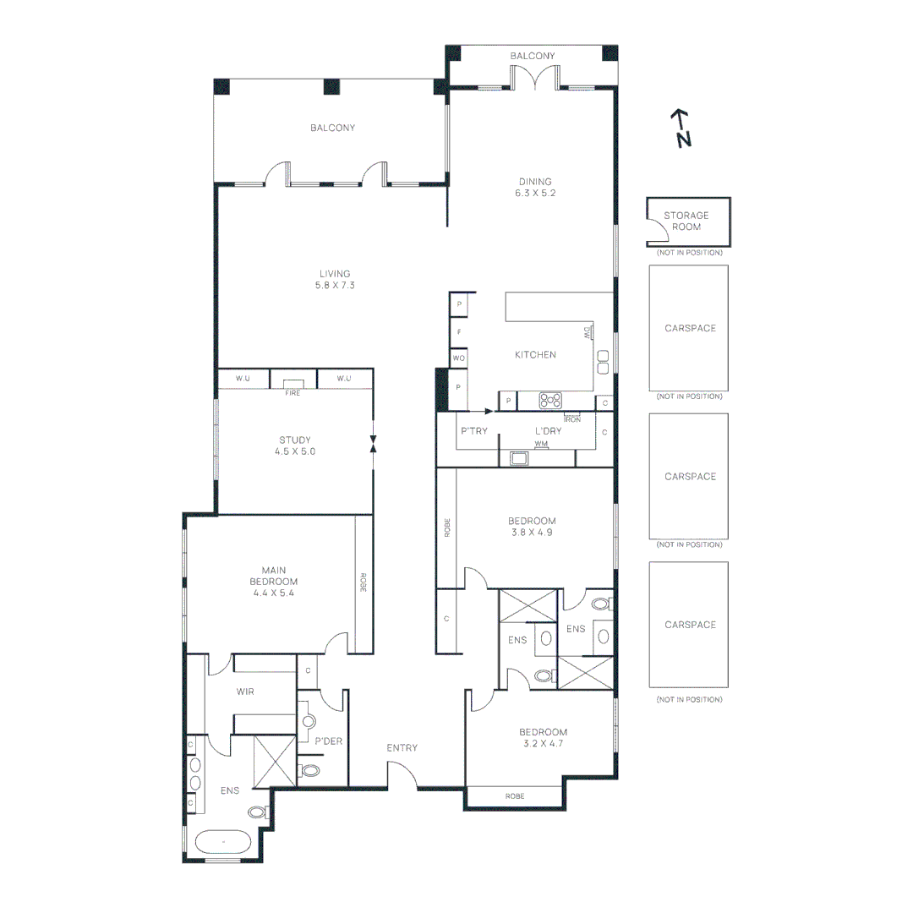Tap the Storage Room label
686,221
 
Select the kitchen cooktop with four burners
551,401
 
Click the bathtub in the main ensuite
223,843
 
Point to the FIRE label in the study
292,392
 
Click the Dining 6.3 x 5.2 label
535,187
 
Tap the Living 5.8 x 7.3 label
335,279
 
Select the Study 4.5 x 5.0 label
295,446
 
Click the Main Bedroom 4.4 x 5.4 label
273,582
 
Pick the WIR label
246,692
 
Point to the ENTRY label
402,747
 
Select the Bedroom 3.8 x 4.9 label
532,527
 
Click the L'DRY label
549,431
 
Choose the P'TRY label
474,431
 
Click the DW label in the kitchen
587,333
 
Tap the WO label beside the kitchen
459,358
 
